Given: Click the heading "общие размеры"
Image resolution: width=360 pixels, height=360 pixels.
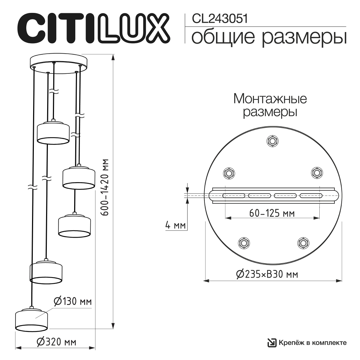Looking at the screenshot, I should [x=269, y=38].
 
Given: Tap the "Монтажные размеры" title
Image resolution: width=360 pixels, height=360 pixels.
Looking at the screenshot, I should [x=270, y=105].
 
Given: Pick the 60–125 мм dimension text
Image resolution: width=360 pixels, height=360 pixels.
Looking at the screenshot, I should [x=272, y=213].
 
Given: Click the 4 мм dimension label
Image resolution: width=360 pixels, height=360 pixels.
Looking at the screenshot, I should [x=175, y=226].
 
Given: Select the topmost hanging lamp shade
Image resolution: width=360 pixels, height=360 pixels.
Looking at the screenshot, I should [x=53, y=133].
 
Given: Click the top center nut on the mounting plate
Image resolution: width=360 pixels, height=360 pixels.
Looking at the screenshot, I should [x=273, y=141].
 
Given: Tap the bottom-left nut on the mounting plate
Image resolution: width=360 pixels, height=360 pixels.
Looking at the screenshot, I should [x=243, y=243].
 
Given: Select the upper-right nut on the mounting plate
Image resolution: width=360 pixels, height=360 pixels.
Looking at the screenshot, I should [x=317, y=173].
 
